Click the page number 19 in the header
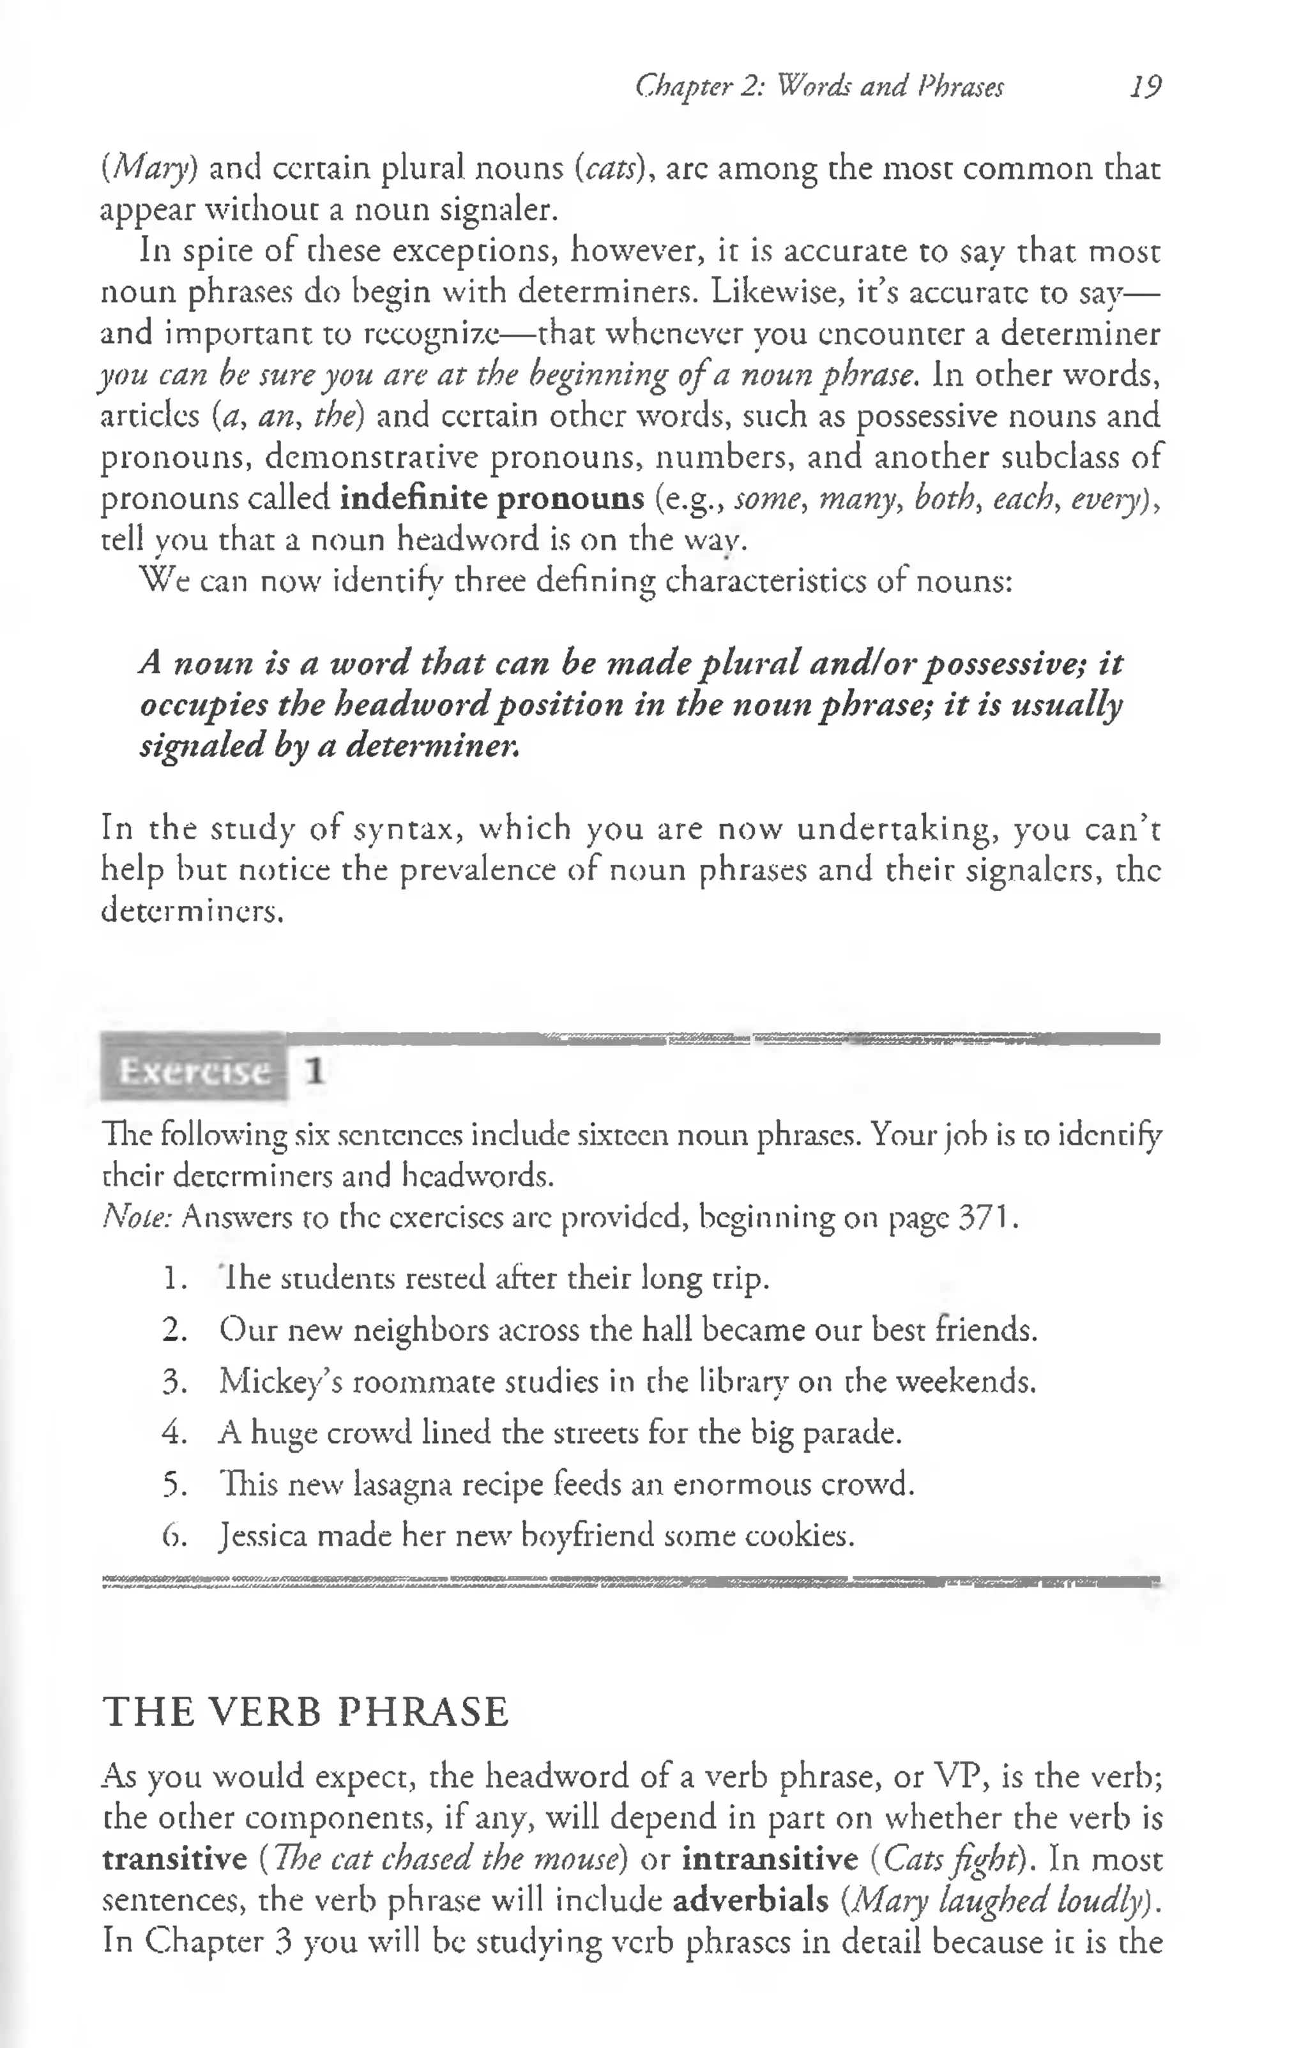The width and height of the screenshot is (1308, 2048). point(1144,87)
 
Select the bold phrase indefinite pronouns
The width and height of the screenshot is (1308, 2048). point(492,498)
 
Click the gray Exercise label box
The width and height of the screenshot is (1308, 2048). point(194,1070)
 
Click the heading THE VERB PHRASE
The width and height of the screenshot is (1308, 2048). point(305,1712)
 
